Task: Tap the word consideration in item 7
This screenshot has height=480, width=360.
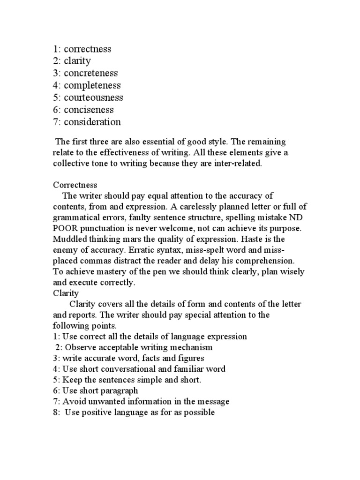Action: coord(92,122)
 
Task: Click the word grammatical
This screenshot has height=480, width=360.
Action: coord(76,217)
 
